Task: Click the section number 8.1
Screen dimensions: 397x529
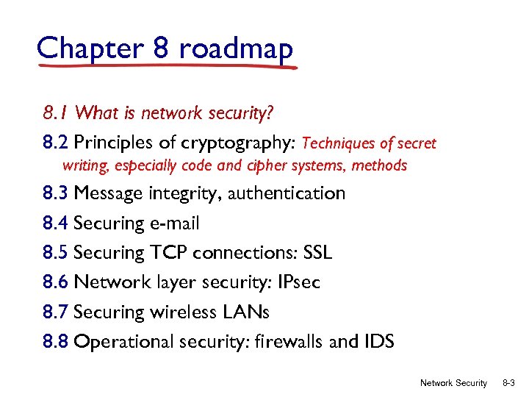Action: pos(56,113)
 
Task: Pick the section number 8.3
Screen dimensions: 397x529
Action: pos(56,193)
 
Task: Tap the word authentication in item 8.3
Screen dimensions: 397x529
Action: pos(287,193)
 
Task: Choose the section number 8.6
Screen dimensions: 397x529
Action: pos(56,282)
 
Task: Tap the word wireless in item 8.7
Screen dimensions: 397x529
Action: pos(184,312)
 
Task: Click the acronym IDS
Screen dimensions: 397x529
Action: pos(376,342)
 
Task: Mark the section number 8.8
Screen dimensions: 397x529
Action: pos(56,342)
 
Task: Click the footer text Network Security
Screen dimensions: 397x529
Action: pos(453,383)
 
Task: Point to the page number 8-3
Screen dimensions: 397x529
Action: pos(508,383)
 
